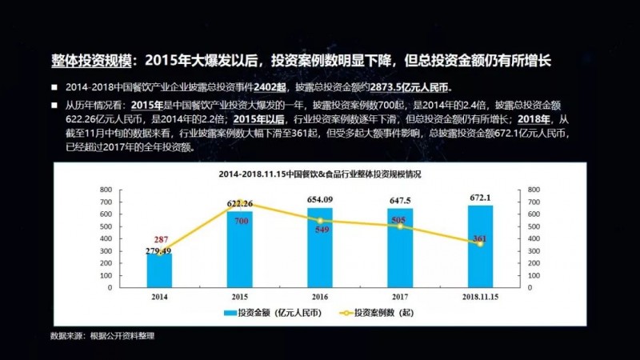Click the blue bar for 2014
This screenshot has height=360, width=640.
tap(159, 271)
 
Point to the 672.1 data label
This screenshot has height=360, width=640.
tap(480, 197)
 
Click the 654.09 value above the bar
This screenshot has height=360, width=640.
tap(320, 199)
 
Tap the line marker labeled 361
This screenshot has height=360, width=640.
tap(480, 243)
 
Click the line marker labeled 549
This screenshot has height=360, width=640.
tap(320, 220)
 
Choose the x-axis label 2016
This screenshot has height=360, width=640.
tap(320, 296)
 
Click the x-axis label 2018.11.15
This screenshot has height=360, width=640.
tap(480, 296)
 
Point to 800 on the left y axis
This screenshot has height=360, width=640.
tap(106, 189)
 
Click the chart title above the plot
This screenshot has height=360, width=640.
tap(320, 174)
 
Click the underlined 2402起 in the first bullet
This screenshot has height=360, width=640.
tap(274, 87)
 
